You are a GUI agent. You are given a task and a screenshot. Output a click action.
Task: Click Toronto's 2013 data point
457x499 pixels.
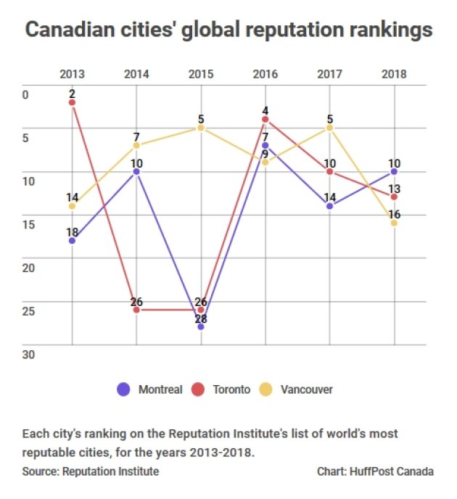point(72,102)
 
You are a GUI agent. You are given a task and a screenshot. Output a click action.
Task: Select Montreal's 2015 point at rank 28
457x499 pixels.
point(201,327)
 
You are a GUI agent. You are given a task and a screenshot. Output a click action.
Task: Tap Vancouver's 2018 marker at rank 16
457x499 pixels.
point(394,223)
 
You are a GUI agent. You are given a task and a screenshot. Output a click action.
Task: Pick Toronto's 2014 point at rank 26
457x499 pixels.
point(136,310)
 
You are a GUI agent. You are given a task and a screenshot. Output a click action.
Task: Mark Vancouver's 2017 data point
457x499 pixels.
point(330,128)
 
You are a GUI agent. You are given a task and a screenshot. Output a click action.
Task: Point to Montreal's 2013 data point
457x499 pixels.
point(72,240)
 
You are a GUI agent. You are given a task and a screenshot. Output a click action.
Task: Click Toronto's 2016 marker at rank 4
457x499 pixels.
point(265,119)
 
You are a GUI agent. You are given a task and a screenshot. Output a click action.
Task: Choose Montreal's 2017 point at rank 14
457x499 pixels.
point(330,206)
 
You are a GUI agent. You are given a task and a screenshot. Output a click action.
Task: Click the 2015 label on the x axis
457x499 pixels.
point(201,73)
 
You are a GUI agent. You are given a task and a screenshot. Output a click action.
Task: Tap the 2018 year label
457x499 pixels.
point(394,73)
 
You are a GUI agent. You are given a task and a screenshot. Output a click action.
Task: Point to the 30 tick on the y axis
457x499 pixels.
point(28,355)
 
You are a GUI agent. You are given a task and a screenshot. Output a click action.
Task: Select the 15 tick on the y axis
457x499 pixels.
point(28,224)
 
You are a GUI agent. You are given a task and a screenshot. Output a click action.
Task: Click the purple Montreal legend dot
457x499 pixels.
point(123,389)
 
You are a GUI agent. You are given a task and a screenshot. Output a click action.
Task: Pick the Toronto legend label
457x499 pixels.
point(231,389)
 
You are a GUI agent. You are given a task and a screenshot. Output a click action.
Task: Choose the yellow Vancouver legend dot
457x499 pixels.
point(265,389)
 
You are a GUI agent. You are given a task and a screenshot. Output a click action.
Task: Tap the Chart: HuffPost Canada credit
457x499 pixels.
point(375,471)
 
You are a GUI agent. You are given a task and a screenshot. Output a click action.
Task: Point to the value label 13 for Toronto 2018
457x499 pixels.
point(394,189)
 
